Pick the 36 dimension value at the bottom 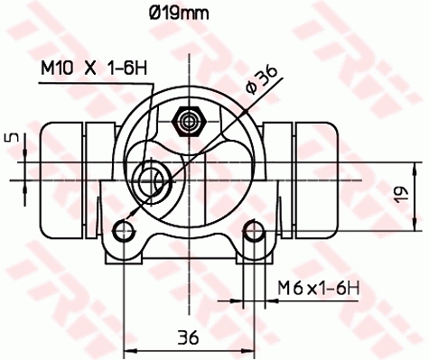tap(187, 337)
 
